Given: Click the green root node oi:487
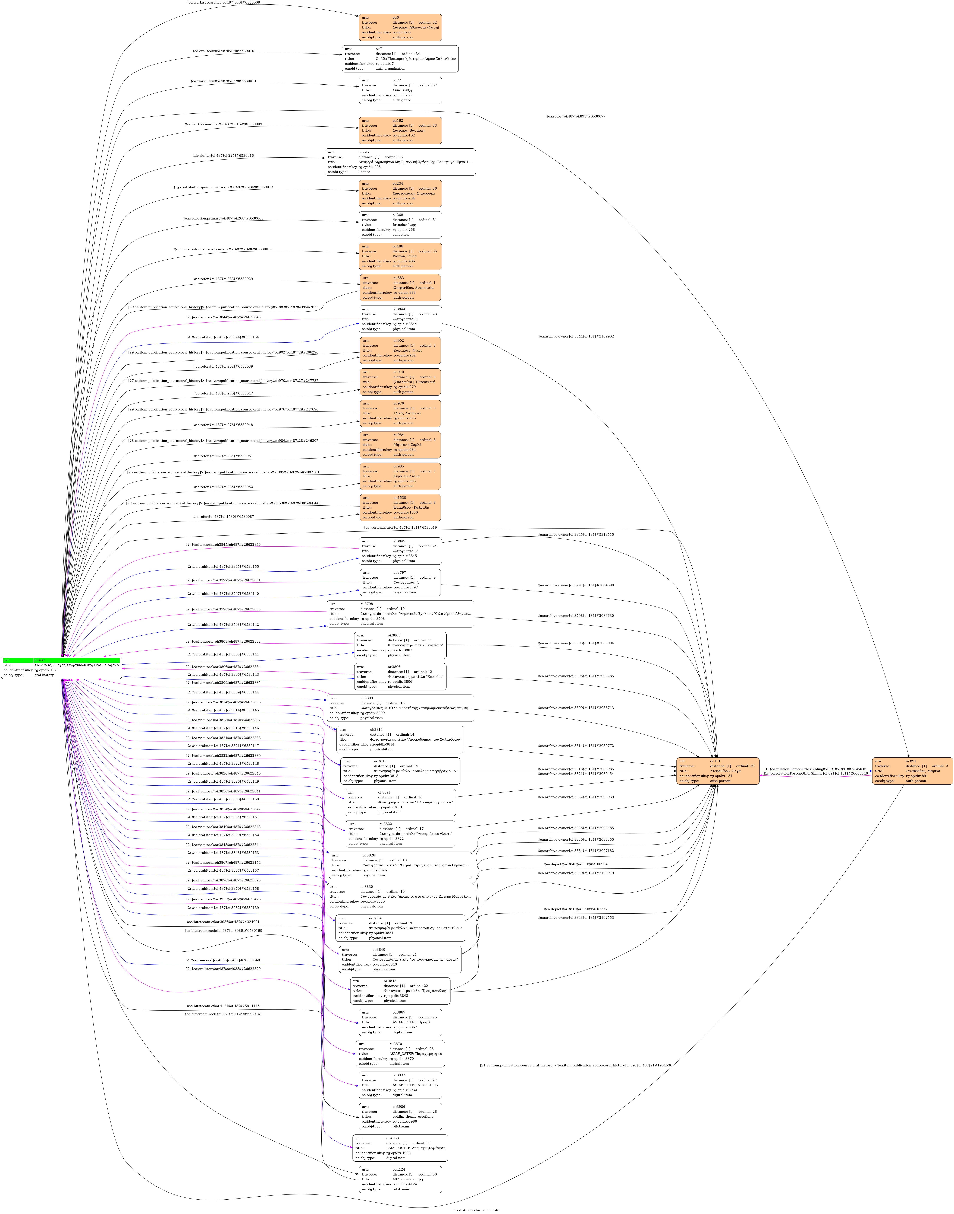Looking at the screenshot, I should (61, 668).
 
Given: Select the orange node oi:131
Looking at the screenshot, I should (718, 771).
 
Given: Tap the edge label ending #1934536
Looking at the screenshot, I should (575, 1066).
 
